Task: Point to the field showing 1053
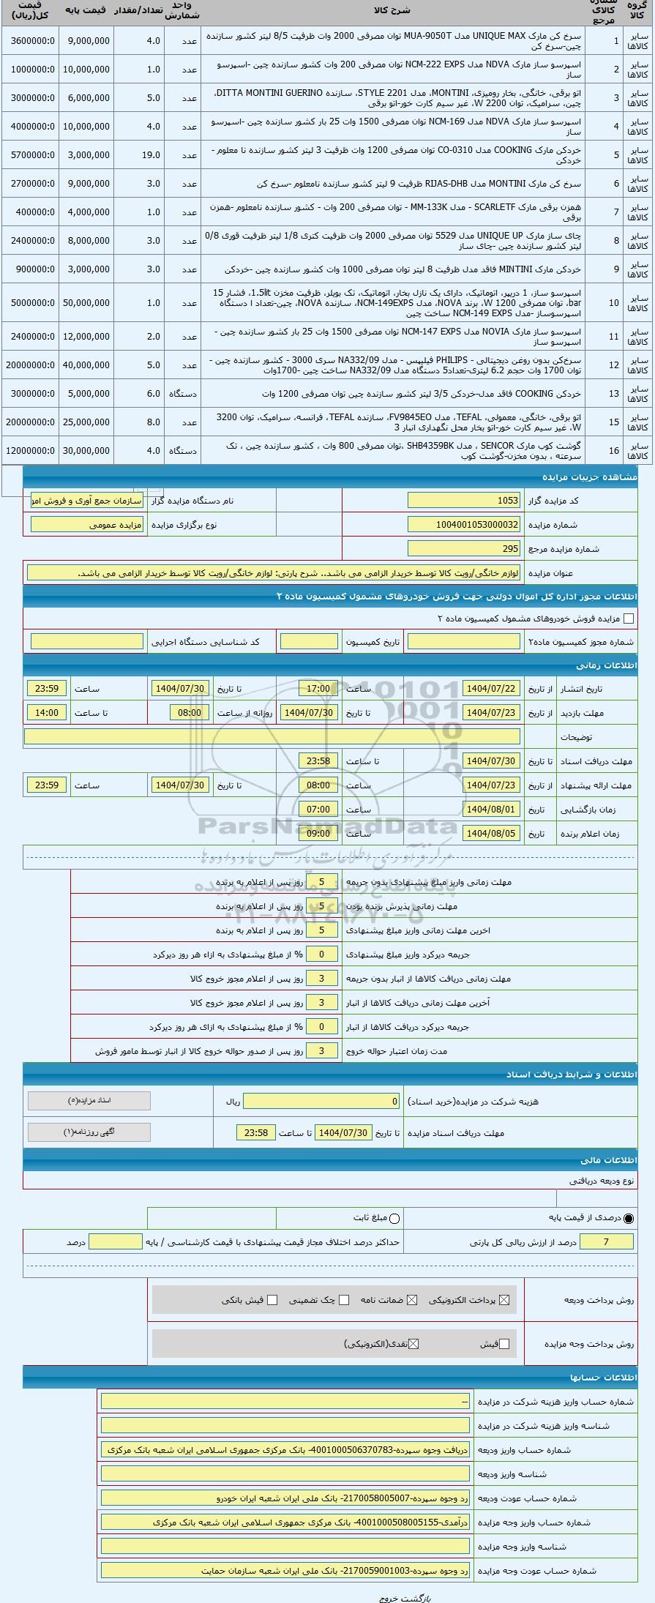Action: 464,500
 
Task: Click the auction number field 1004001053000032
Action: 464,524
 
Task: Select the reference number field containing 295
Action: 464,548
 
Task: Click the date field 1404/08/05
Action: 491,833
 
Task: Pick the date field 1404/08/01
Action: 491,809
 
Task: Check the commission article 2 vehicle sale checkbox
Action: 629,619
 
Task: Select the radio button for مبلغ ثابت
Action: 394,1218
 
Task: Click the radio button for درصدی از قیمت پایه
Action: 629,1218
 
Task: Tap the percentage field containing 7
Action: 605,1241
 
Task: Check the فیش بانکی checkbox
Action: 272,1300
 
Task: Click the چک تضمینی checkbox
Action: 344,1300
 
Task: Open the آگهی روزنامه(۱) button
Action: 89,1132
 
